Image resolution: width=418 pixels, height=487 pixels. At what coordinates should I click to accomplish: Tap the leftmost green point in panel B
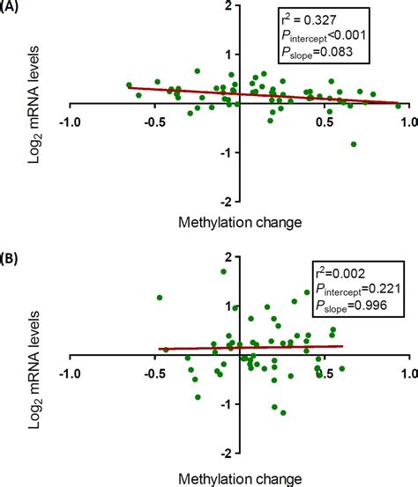(x=159, y=298)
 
